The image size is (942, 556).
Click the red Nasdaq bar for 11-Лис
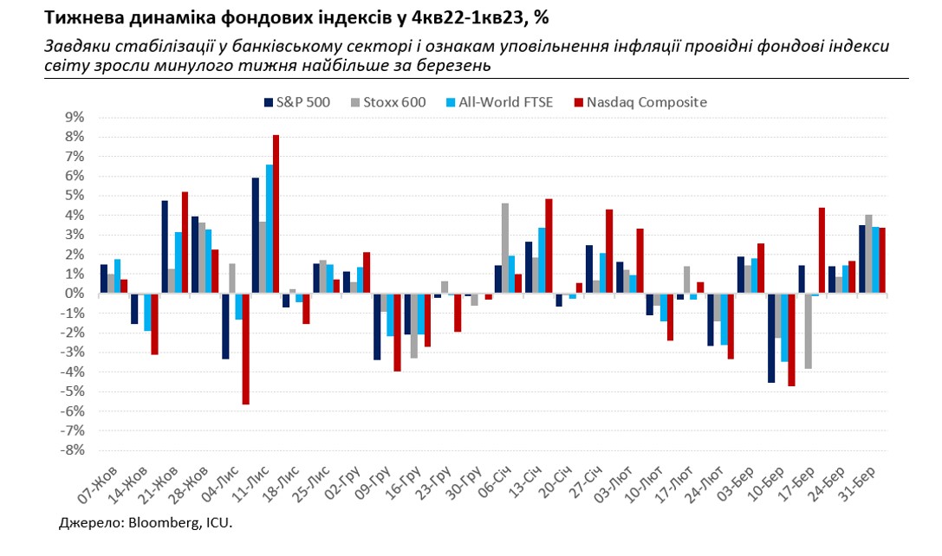point(276,214)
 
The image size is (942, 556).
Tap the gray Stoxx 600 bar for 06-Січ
point(505,249)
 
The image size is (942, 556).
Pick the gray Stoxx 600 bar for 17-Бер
point(809,331)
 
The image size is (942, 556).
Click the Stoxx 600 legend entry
point(388,102)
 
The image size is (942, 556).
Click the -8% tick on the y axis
point(73,450)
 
